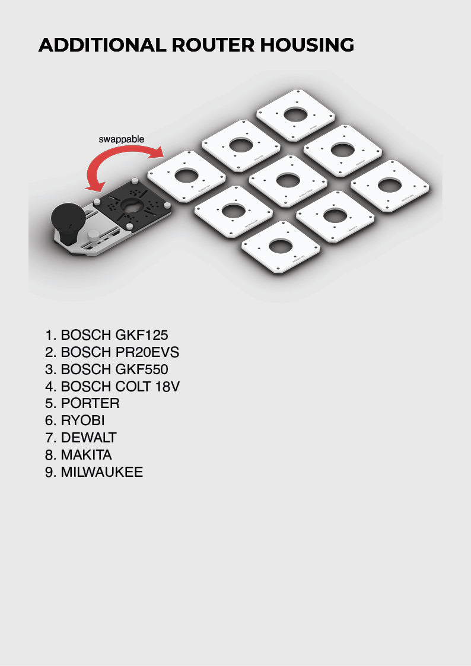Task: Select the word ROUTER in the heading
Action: (x=213, y=45)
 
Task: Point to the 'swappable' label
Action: (x=121, y=139)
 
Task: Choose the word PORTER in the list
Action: (x=90, y=403)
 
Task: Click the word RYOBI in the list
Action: (x=82, y=420)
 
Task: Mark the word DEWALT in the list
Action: (x=89, y=438)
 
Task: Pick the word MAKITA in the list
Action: (x=87, y=455)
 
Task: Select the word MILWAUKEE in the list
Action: (x=102, y=472)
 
